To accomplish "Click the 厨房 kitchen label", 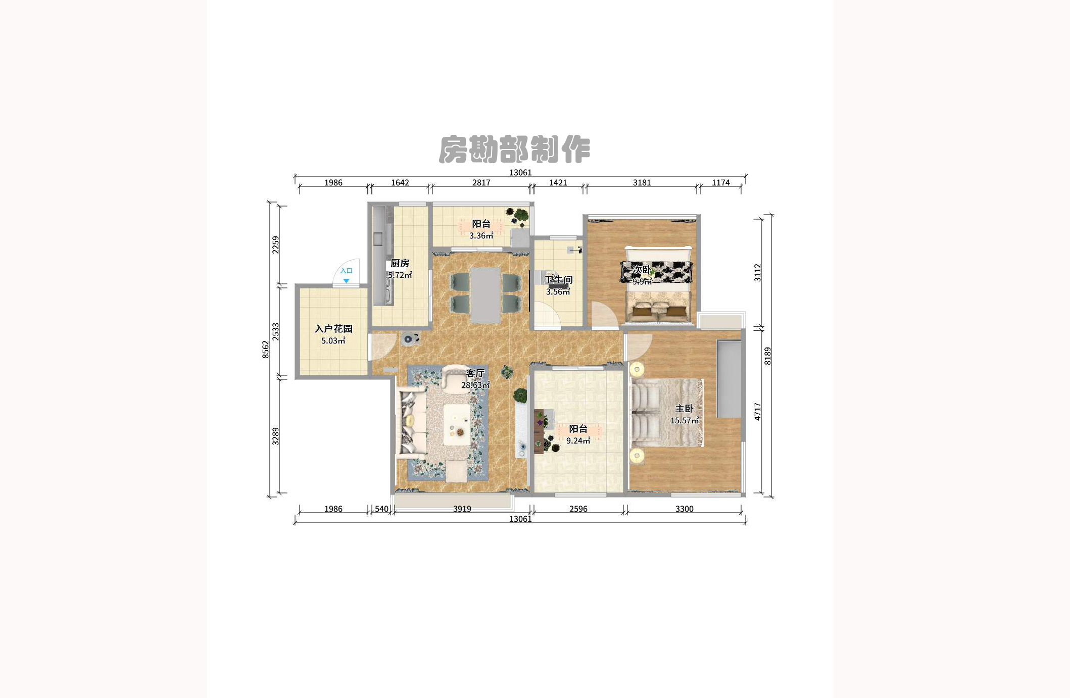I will (x=400, y=263).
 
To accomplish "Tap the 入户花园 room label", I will (x=333, y=329).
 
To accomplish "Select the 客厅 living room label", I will (x=475, y=373).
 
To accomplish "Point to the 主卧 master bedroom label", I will (x=685, y=409).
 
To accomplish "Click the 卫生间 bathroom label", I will (x=558, y=280).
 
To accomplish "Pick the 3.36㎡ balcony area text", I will (x=481, y=236).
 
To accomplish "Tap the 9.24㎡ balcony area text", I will (x=578, y=441).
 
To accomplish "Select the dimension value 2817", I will (x=481, y=183).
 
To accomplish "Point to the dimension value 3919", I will (x=462, y=509).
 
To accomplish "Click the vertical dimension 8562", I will (x=266, y=350).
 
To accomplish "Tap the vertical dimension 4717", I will (x=758, y=412).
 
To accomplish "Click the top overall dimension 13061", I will (x=520, y=173).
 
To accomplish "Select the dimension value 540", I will (x=381, y=509).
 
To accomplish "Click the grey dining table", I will (x=485, y=295).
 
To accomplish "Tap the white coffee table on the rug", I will (x=457, y=424).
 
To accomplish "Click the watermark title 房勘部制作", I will (x=514, y=149).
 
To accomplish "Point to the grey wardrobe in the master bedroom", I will (x=729, y=379).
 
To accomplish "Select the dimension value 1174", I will (x=720, y=183).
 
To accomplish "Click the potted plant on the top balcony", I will (x=518, y=216).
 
